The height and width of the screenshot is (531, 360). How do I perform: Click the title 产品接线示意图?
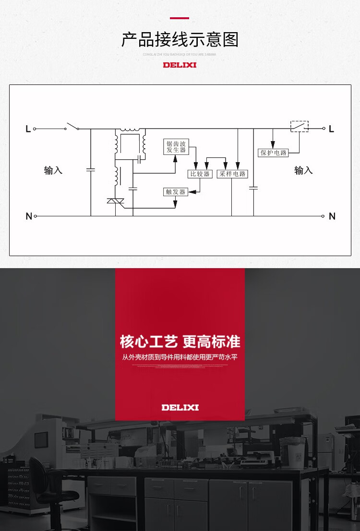[x=180, y=40]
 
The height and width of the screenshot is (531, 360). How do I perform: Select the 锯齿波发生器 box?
[x=176, y=147]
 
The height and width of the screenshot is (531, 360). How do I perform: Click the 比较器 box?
[x=200, y=174]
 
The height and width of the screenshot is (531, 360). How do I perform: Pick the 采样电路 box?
[x=232, y=174]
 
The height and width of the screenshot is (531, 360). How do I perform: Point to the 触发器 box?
[x=175, y=192]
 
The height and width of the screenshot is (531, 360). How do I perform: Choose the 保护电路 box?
[x=273, y=153]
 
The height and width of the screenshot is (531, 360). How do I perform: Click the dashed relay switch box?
[x=300, y=127]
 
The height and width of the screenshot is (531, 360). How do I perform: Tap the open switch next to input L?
[x=72, y=127]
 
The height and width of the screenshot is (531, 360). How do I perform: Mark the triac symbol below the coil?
[x=115, y=201]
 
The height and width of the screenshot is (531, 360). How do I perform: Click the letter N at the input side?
[x=29, y=216]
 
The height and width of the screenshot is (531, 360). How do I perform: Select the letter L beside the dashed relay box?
[x=332, y=129]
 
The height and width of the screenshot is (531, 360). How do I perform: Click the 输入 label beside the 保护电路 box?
[x=303, y=170]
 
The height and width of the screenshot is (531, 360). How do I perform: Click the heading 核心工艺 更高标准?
[x=180, y=342]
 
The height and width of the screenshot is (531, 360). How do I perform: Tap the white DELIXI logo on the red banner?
[x=180, y=407]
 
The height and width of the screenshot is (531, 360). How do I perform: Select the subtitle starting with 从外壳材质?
[x=180, y=357]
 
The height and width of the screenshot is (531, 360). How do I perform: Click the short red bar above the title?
[x=180, y=18]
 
